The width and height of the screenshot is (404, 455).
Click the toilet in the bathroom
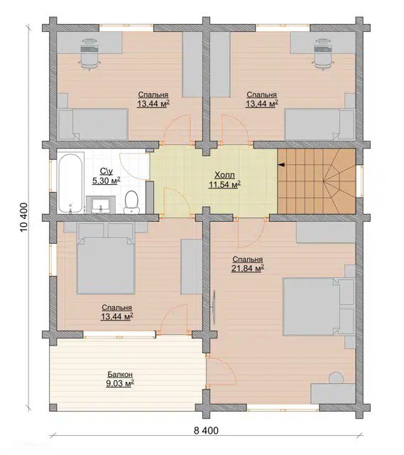[x=131, y=202]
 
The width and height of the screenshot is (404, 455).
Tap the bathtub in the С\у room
[x=71, y=183]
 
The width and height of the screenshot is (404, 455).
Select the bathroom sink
[x=101, y=204]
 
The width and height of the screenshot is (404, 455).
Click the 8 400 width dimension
[x=206, y=430]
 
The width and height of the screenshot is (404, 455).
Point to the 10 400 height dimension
[x=24, y=217]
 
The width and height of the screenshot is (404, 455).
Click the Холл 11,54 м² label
[x=224, y=180]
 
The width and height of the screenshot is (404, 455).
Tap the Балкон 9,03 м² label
[x=120, y=379]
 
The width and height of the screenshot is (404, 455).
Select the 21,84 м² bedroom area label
[x=248, y=269]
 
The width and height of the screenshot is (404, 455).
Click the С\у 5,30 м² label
[x=106, y=176]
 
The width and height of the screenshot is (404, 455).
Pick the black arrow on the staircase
[x=281, y=165]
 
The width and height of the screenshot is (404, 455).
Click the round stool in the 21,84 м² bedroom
[x=336, y=378]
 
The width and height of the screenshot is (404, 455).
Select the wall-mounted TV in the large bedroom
[x=214, y=306]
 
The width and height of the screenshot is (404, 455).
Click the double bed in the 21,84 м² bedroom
[x=319, y=306]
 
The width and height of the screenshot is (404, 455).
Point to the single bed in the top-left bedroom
[x=93, y=124]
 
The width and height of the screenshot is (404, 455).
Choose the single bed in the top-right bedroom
[x=320, y=124]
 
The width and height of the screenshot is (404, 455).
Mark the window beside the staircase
[x=359, y=181]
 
